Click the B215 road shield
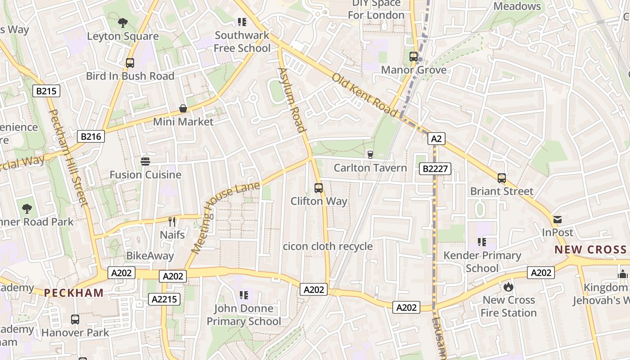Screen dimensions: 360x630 coord(46,91)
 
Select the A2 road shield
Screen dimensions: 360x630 coord(436,139)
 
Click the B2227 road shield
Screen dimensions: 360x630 coord(435,169)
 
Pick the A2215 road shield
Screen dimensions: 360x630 coord(164,299)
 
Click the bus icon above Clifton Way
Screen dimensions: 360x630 coord(319,188)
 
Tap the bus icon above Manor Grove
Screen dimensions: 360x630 coord(414,57)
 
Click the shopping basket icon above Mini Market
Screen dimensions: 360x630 coord(183,108)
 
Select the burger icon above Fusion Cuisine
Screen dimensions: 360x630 coord(145,162)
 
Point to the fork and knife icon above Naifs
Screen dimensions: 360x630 coord(171,221)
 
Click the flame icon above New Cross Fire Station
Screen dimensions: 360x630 coord(508,287)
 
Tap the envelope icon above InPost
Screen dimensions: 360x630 coord(558,220)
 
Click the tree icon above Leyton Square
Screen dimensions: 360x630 coord(122,22)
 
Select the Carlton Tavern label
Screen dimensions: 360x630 coord(370,168)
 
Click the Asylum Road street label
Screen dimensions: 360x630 coord(292,99)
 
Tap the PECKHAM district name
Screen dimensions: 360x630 coord(73,293)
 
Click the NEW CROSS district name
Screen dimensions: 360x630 coord(590,250)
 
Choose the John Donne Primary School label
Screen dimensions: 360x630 coord(243,315)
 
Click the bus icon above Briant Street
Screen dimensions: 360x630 coord(502,178)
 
